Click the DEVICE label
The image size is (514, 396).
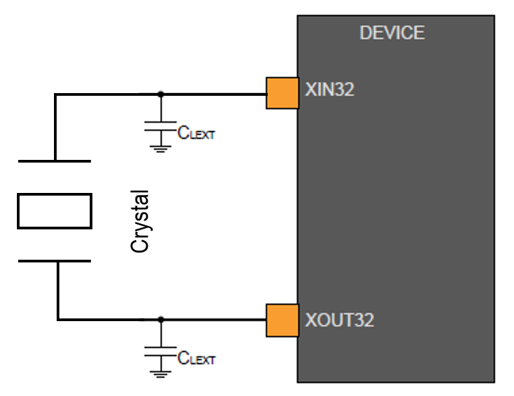point(392,32)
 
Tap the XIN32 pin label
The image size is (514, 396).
point(329,90)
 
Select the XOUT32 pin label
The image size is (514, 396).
point(339,319)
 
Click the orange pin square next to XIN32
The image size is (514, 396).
point(283,92)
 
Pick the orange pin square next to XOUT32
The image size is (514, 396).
point(283,320)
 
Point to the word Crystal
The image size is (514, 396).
point(140,221)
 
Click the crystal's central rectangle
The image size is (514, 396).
point(54,210)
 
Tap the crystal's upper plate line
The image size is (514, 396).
point(54,161)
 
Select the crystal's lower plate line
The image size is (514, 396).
point(54,260)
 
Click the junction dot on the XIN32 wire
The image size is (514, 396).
point(160,94)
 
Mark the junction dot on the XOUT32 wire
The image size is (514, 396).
point(160,318)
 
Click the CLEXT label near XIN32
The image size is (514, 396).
point(196,134)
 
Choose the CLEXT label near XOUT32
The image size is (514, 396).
point(196,358)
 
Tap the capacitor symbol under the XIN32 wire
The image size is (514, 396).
point(160,126)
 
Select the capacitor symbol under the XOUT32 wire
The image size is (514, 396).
point(160,351)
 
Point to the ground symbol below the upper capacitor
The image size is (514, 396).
point(160,148)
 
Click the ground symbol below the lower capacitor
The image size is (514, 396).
point(160,373)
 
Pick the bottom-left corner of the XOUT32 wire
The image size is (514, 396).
point(57,318)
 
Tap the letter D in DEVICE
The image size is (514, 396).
point(365,32)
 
